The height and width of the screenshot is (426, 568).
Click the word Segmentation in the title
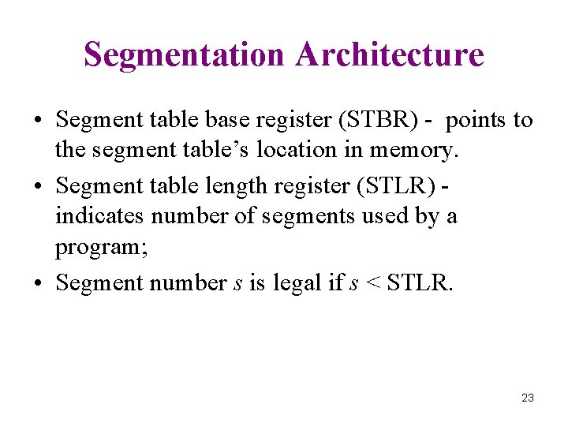[x=185, y=54]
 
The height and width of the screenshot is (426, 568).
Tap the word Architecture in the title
[x=390, y=54]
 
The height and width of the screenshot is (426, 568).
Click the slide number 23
[x=528, y=398]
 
